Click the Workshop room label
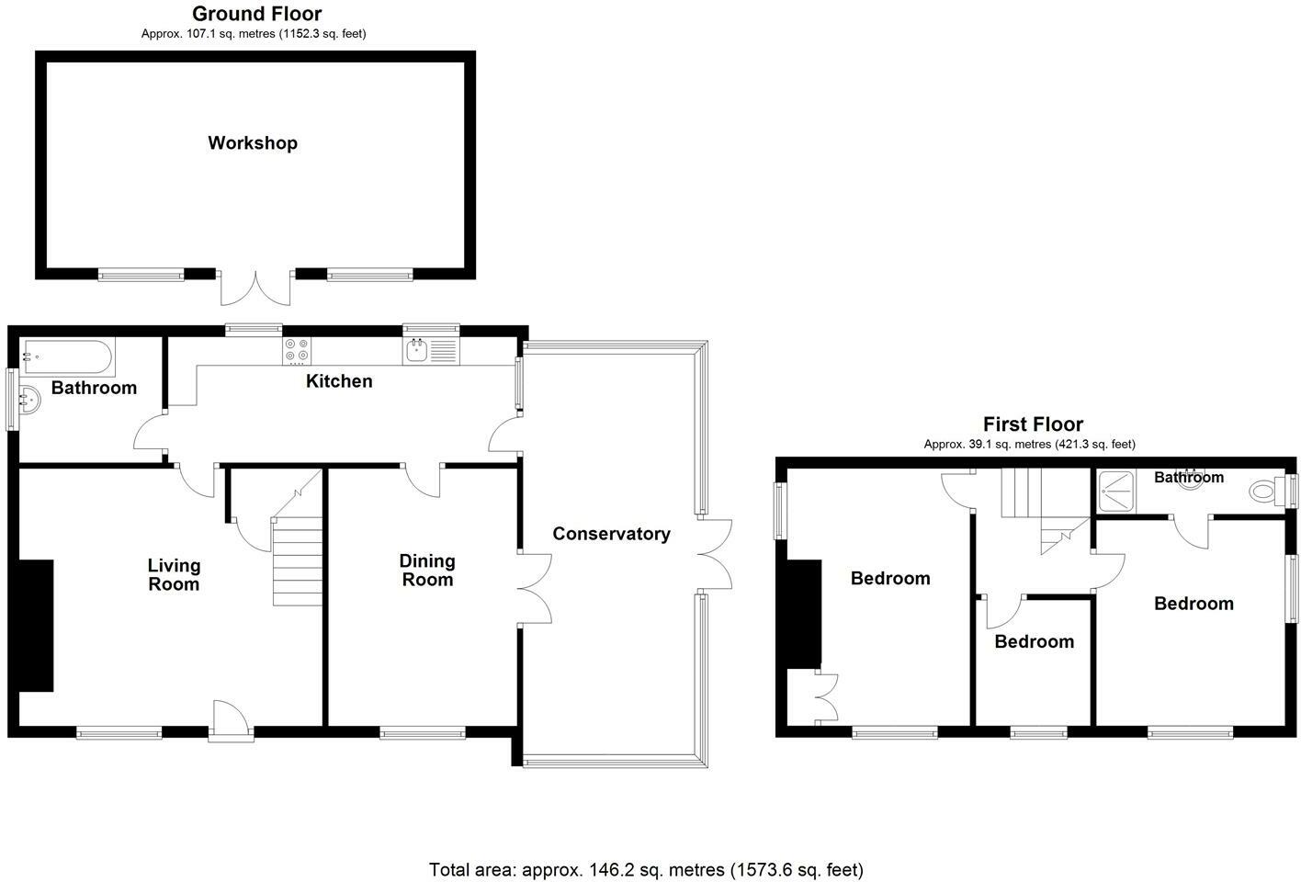tap(253, 143)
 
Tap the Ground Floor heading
tap(256, 14)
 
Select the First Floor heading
tap(1033, 424)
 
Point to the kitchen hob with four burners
tap(297, 350)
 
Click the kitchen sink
tap(418, 350)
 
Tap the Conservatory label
tap(611, 534)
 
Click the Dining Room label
tap(427, 571)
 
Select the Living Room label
tap(174, 575)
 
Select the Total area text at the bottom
tap(646, 869)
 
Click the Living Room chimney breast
tap(36, 625)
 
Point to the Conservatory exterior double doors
tap(714, 554)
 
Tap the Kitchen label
tap(339, 381)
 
